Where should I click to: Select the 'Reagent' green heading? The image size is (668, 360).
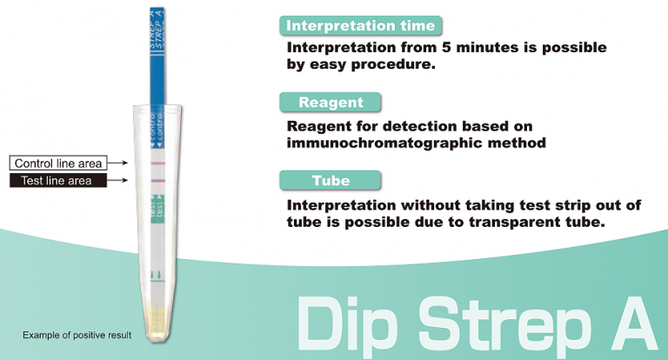pyautogui.click(x=330, y=102)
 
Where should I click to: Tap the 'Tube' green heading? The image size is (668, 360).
pyautogui.click(x=330, y=180)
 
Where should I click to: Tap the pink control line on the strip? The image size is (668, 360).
pyautogui.click(x=157, y=163)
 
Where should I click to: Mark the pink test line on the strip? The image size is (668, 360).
pyautogui.click(x=157, y=181)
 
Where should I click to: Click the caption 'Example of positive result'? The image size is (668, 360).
pyautogui.click(x=77, y=335)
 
